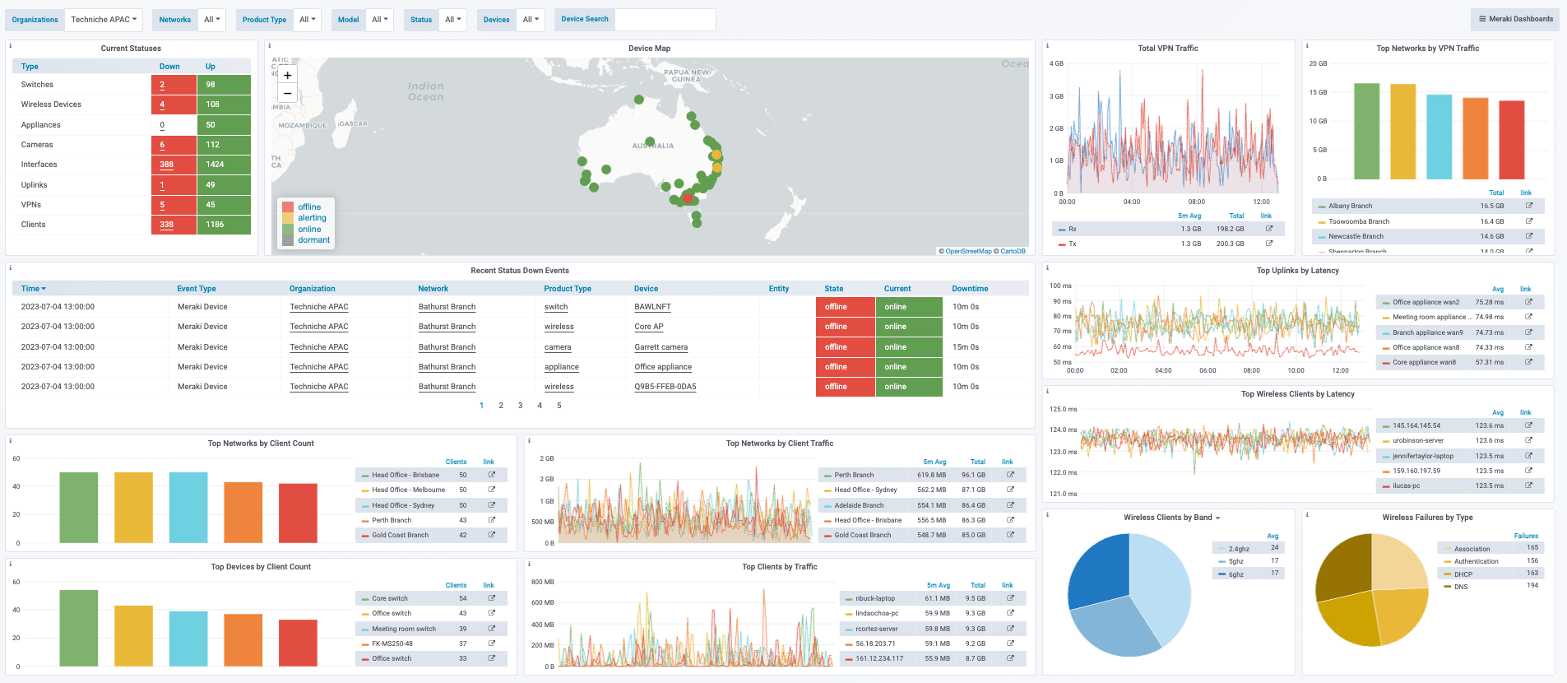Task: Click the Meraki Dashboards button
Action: click(1515, 19)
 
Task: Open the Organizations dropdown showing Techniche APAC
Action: click(104, 20)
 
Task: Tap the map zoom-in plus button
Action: click(287, 75)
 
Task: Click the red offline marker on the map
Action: click(687, 198)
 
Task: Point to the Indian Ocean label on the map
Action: click(425, 91)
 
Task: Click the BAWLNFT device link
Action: click(652, 307)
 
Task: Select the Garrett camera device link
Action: click(661, 347)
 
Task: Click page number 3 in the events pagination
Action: click(520, 406)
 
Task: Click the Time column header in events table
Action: click(33, 289)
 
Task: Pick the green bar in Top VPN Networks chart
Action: click(1366, 132)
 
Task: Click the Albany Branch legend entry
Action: click(1350, 207)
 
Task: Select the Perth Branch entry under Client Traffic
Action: click(854, 475)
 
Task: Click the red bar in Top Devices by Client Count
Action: click(298, 643)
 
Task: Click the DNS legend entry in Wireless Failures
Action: click(1460, 587)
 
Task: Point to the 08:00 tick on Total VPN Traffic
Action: click(1196, 202)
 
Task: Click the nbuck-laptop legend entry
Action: click(874, 598)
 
